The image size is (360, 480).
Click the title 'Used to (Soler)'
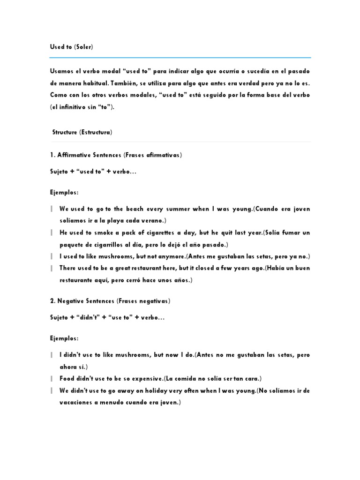point(71,47)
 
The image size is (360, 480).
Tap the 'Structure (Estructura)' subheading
point(82,132)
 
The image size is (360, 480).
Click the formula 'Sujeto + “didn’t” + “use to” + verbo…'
point(107,318)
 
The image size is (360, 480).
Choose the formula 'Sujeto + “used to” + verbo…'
point(93,172)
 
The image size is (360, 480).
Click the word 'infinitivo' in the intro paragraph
point(75,107)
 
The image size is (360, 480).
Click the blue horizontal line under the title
point(180,58)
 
